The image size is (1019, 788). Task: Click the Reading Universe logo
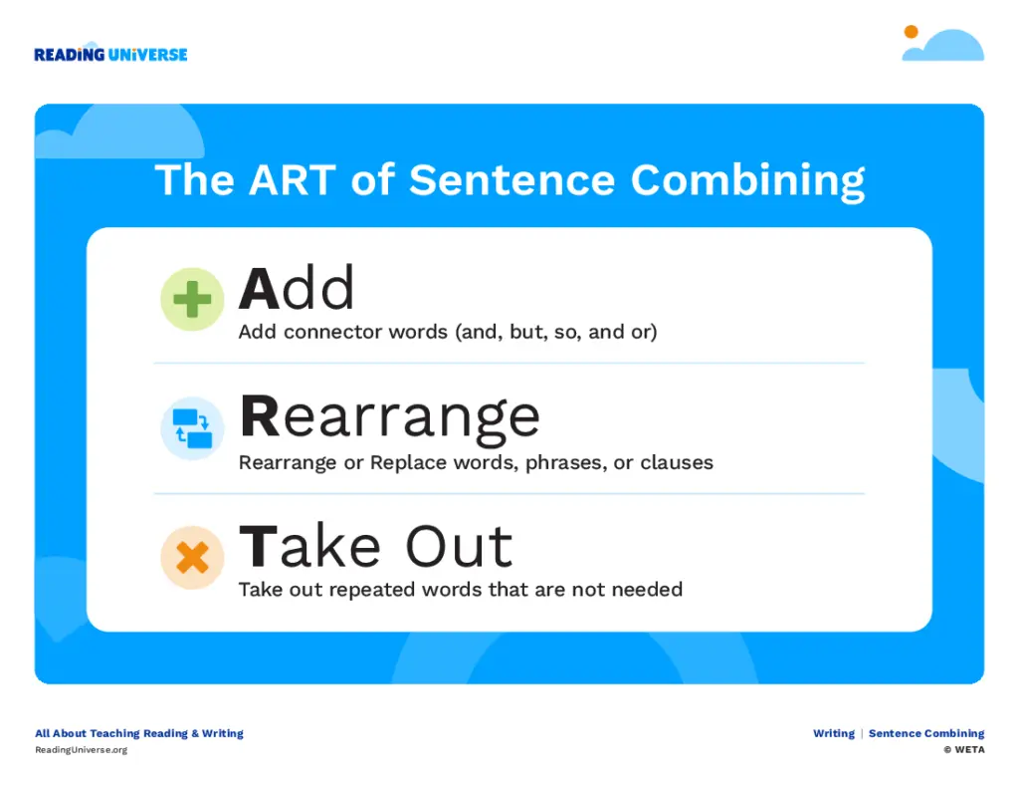pyautogui.click(x=110, y=54)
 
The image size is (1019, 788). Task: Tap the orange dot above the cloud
pyautogui.click(x=912, y=32)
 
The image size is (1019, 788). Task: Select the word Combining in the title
pyautogui.click(x=748, y=181)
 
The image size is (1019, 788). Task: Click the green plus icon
pyautogui.click(x=192, y=299)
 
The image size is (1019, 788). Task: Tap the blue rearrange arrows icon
pyautogui.click(x=192, y=428)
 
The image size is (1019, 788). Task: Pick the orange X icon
pyautogui.click(x=192, y=558)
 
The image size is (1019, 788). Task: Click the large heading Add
pyautogui.click(x=297, y=288)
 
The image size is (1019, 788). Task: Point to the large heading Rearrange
pyautogui.click(x=390, y=418)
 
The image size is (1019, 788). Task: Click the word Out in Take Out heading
pyautogui.click(x=460, y=546)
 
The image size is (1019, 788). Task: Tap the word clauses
pyautogui.click(x=677, y=462)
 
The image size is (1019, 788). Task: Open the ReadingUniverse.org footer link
pyautogui.click(x=82, y=750)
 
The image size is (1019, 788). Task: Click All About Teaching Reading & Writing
pyautogui.click(x=139, y=733)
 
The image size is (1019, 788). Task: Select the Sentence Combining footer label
pyautogui.click(x=926, y=733)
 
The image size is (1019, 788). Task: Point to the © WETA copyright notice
pyautogui.click(x=964, y=749)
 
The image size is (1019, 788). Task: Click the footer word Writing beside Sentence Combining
pyautogui.click(x=834, y=733)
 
